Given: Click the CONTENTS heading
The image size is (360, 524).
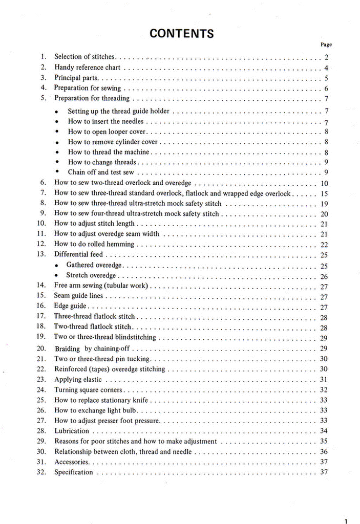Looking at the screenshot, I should (182, 34).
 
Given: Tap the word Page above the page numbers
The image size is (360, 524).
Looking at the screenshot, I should (326, 45).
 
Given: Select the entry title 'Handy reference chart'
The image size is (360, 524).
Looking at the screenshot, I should (87, 68).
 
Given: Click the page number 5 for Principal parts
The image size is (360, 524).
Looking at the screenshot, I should (326, 79).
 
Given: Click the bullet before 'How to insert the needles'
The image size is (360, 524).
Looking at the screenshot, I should (56, 122).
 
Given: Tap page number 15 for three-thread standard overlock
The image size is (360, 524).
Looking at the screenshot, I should (324, 194).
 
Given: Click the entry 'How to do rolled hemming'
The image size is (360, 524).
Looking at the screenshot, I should (94, 244).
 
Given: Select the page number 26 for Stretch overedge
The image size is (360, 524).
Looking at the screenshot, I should (324, 276).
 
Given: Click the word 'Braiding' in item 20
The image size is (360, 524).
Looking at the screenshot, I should (67, 349).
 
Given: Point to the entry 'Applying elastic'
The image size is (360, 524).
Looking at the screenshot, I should (78, 379).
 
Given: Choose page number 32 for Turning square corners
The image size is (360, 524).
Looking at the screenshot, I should (324, 390).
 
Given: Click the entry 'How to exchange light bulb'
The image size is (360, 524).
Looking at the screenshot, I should (95, 410).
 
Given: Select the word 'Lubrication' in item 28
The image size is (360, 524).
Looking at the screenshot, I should (72, 431).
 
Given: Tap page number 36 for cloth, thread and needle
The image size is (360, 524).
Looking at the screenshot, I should (324, 452).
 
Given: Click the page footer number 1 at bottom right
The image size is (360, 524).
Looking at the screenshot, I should (347, 521).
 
